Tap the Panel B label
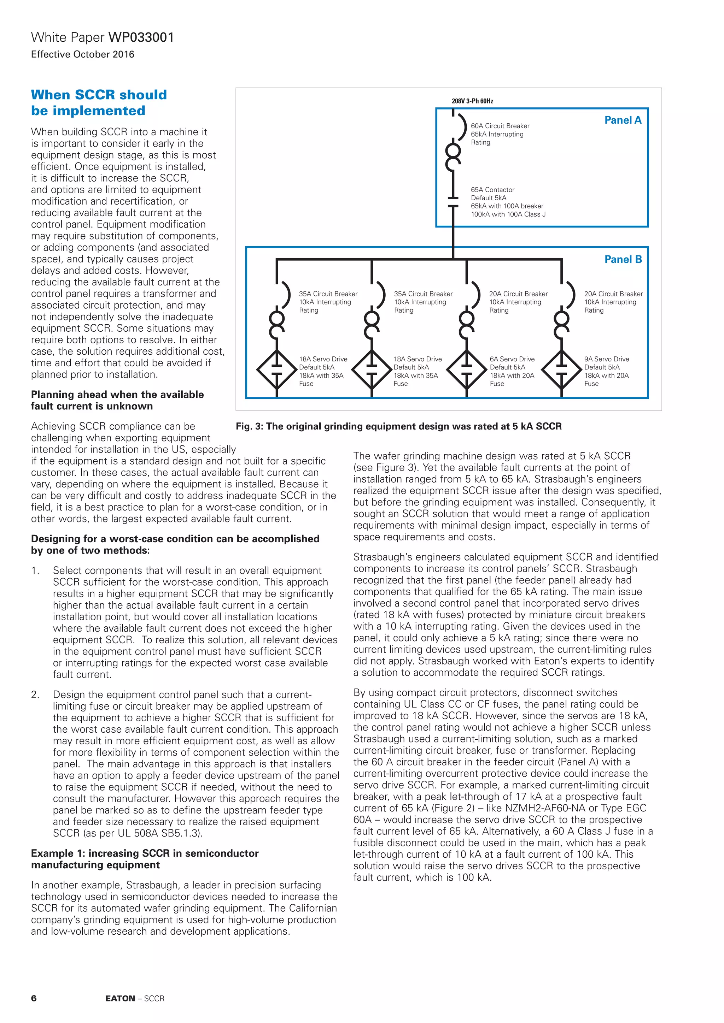[623, 259]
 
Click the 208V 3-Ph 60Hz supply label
[472, 101]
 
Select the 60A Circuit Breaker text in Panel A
[500, 126]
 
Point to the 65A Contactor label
[492, 190]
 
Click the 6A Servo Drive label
[512, 359]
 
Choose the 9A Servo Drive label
[606, 359]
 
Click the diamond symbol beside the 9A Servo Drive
[561, 369]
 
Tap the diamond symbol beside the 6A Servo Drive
[466, 369]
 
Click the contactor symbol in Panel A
[453, 201]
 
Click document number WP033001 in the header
[141, 37]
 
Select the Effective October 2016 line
[82, 54]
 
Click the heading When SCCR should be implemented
[99, 102]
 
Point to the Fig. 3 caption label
[398, 426]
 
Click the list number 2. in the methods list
[35, 694]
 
